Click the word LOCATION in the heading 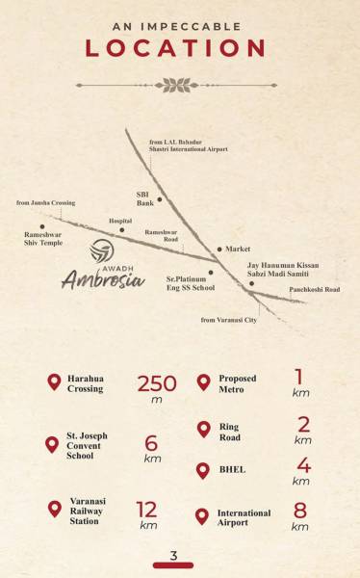pyautogui.click(x=175, y=48)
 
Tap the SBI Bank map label pyautogui.click(x=145, y=198)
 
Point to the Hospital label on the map pyautogui.click(x=120, y=221)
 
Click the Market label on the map pyautogui.click(x=237, y=249)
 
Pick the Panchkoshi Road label pyautogui.click(x=315, y=289)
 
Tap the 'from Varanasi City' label pyautogui.click(x=227, y=319)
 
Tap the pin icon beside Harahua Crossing pyautogui.click(x=53, y=382)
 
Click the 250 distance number pyautogui.click(x=156, y=383)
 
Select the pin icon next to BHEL pyautogui.click(x=202, y=470)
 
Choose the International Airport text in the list pyautogui.click(x=244, y=518)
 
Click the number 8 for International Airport pyautogui.click(x=300, y=510)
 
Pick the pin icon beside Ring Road pyautogui.click(x=202, y=429)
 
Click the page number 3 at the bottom pyautogui.click(x=173, y=555)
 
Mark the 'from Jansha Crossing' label pyautogui.click(x=45, y=203)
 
